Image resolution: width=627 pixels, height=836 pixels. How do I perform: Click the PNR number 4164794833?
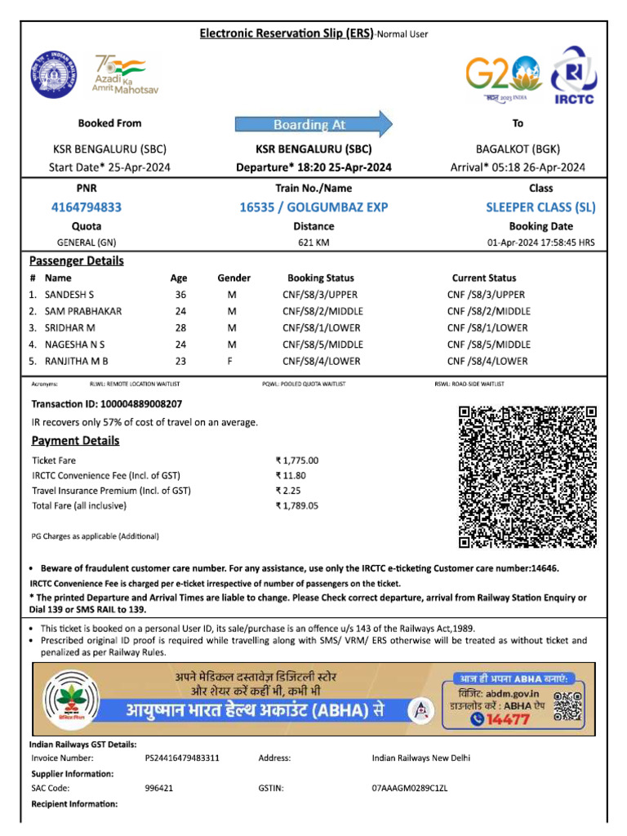86,207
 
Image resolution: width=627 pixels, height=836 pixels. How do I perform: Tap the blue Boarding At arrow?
313,124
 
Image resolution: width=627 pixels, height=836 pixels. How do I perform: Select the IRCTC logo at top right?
579,77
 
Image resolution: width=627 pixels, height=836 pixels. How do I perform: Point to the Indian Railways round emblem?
51,74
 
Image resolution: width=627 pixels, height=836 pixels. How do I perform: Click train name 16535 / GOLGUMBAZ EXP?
313,207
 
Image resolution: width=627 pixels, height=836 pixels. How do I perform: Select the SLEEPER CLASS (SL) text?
540,207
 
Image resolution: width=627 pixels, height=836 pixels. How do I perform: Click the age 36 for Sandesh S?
180,295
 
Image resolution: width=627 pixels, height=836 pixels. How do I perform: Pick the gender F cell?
232,361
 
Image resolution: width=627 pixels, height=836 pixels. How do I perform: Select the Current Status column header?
484,278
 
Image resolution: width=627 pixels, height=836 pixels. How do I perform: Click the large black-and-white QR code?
527,477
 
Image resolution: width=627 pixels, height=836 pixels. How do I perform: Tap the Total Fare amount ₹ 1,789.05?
297,505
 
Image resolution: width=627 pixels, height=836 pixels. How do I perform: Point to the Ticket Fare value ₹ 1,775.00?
297,460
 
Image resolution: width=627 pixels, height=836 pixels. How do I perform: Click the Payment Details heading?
75,441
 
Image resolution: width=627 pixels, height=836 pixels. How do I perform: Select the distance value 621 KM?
313,242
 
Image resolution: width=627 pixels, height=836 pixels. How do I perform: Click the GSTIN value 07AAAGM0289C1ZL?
410,789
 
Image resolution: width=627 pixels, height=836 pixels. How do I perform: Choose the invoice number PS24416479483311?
182,758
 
